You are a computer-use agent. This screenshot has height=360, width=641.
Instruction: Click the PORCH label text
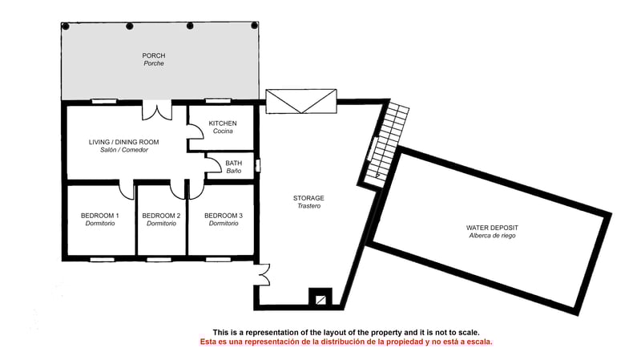pyautogui.click(x=153, y=55)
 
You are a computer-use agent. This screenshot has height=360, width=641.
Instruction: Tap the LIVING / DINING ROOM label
pyautogui.click(x=123, y=142)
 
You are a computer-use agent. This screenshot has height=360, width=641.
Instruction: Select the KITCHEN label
pyautogui.click(x=223, y=123)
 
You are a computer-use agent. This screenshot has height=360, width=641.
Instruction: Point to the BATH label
pyautogui.click(x=233, y=163)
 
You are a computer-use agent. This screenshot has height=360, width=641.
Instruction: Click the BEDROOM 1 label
pyautogui.click(x=99, y=216)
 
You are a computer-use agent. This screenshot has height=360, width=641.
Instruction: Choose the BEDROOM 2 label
pyautogui.click(x=161, y=216)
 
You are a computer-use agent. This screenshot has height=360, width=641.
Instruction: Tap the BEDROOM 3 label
pyautogui.click(x=224, y=216)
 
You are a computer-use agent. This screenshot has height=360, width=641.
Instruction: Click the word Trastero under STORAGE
pyautogui.click(x=308, y=206)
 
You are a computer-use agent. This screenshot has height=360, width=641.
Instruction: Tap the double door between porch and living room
pyautogui.click(x=157, y=111)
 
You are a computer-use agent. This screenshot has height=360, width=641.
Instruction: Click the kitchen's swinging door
pyautogui.click(x=194, y=140)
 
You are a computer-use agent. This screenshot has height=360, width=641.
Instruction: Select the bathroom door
pyautogui.click(x=213, y=165)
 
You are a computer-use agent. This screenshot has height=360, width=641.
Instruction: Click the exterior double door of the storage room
pyautogui.click(x=262, y=273)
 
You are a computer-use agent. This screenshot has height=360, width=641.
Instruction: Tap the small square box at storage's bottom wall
pyautogui.click(x=320, y=298)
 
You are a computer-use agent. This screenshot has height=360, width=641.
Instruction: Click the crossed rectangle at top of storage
pyautogui.click(x=300, y=103)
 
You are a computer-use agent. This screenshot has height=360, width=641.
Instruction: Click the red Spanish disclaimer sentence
pyautogui.click(x=346, y=342)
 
